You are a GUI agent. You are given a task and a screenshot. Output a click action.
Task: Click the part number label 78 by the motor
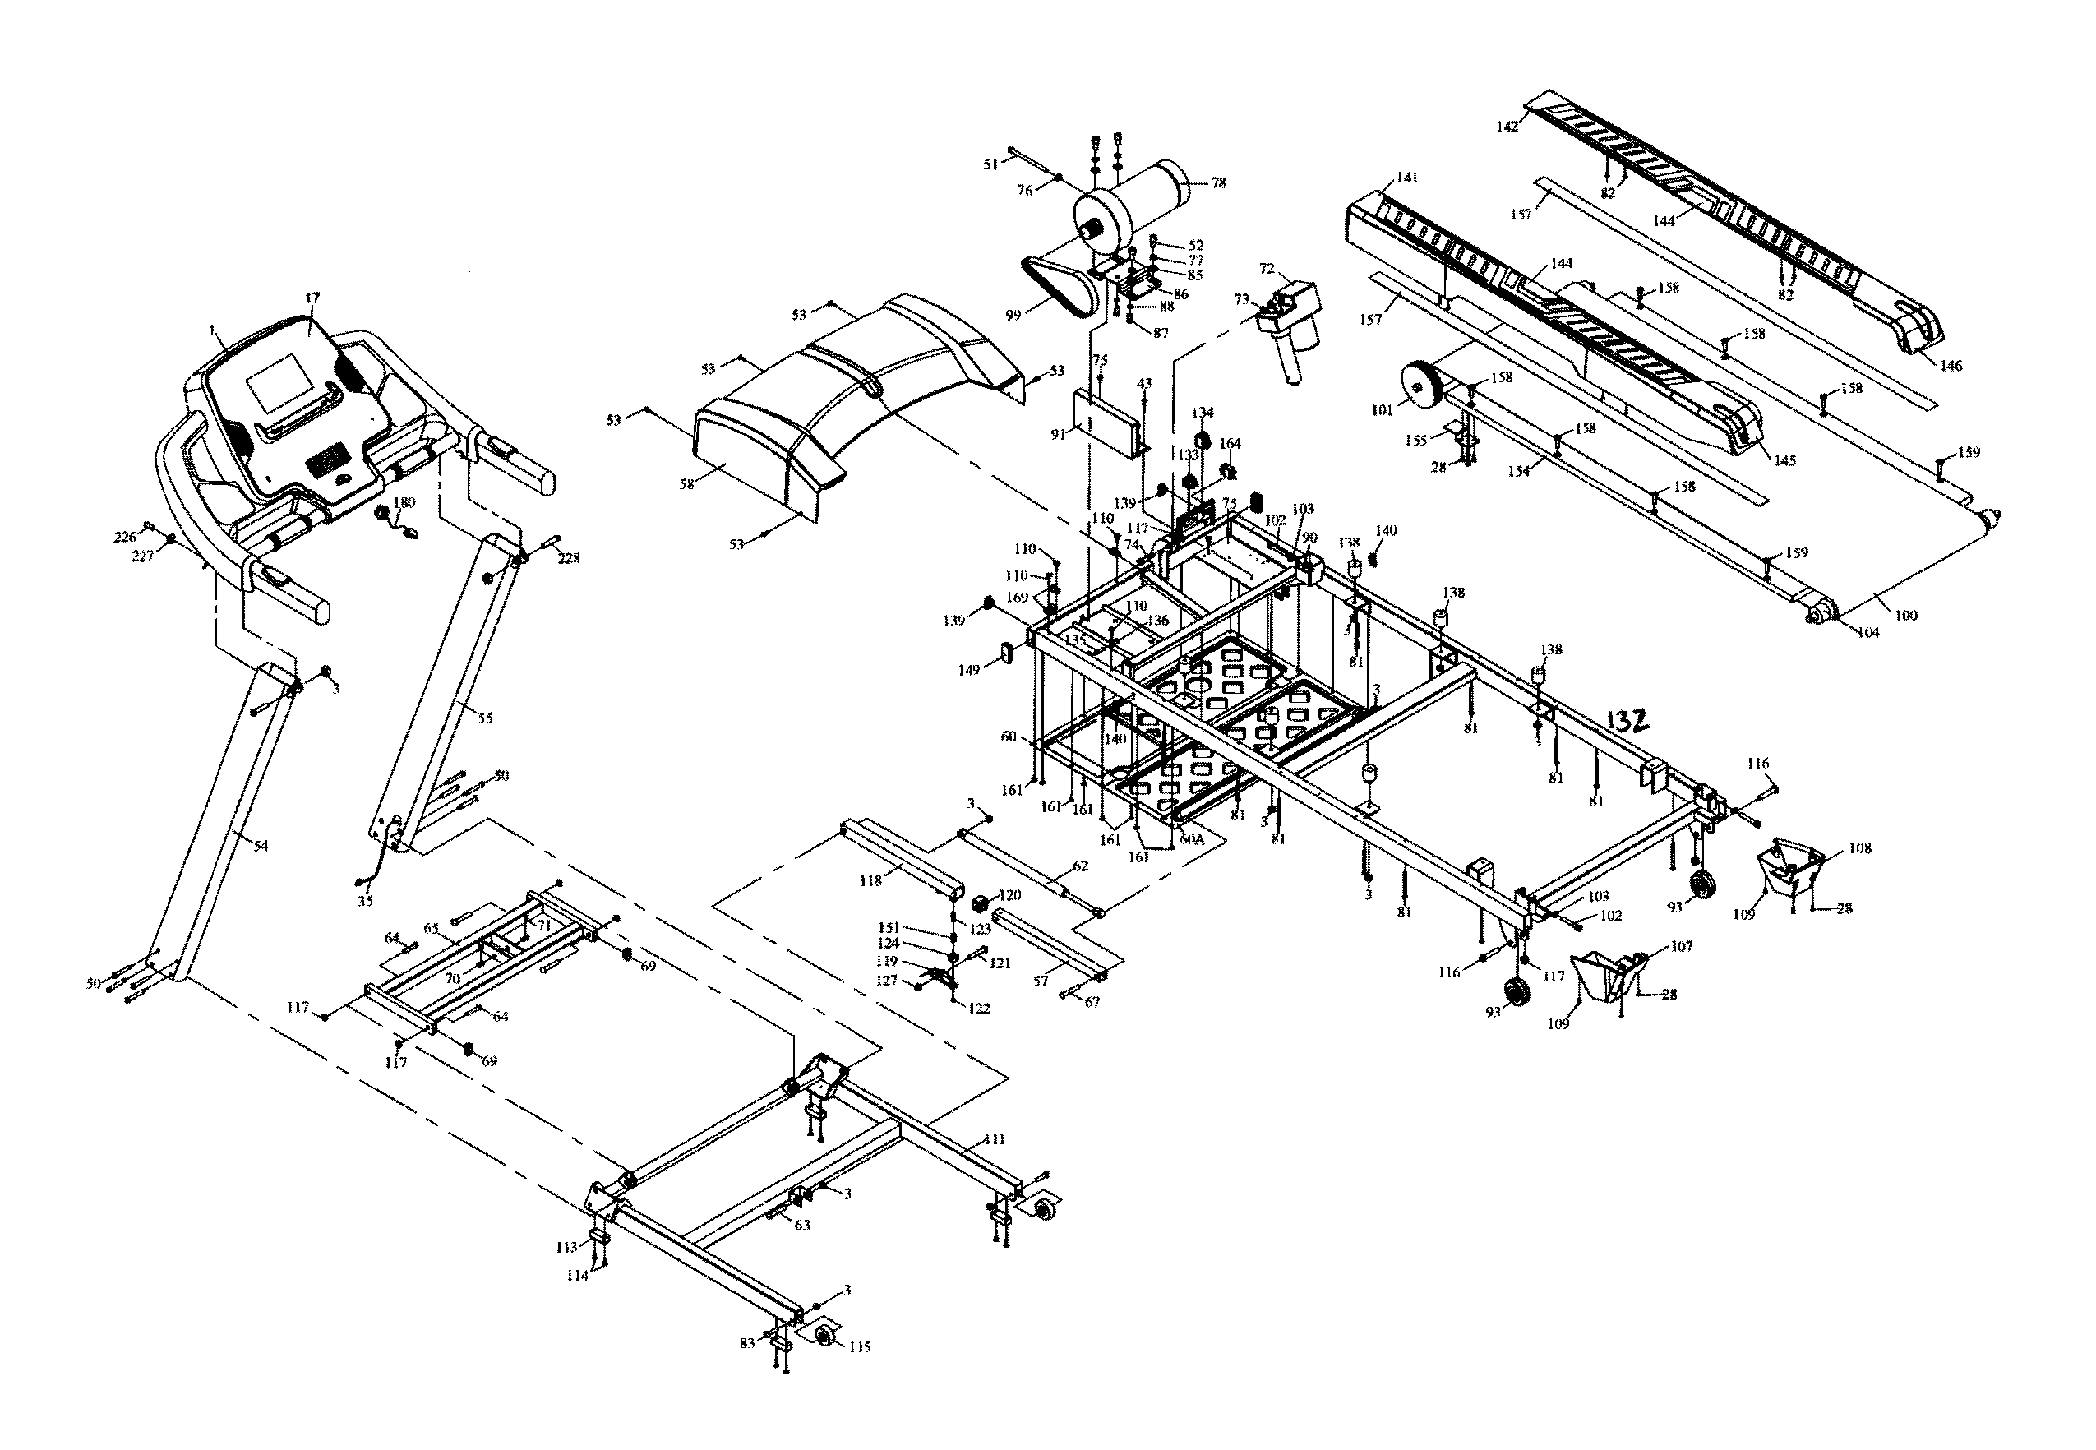click(x=1218, y=183)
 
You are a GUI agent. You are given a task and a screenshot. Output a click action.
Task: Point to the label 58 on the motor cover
click(x=687, y=484)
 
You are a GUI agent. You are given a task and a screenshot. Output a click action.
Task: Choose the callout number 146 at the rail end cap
click(x=1951, y=366)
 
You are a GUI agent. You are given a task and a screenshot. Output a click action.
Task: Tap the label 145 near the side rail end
click(x=1784, y=460)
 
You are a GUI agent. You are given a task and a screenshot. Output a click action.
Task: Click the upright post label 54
click(x=261, y=846)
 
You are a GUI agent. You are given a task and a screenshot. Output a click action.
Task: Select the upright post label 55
click(x=485, y=718)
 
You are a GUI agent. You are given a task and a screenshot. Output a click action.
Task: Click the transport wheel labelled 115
click(x=827, y=1337)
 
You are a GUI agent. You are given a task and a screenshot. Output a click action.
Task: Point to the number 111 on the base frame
click(x=995, y=1139)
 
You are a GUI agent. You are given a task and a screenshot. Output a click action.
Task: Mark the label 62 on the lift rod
click(x=1079, y=866)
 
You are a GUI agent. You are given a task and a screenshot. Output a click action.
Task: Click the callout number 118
click(x=870, y=881)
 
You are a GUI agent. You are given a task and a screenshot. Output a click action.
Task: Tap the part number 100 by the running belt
click(x=1906, y=615)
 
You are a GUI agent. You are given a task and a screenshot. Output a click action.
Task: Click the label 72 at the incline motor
click(x=1267, y=269)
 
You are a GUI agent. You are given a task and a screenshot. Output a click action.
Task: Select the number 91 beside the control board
click(x=1059, y=434)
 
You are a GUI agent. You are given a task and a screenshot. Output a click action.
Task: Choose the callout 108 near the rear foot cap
click(x=1860, y=847)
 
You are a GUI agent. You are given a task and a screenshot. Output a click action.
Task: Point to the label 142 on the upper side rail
click(x=1507, y=127)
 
